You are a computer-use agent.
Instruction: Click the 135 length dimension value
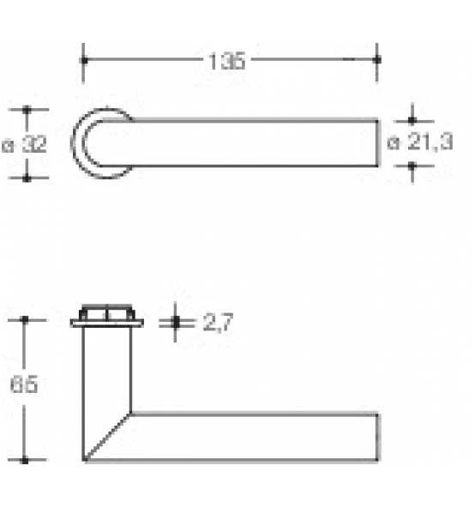pyautogui.click(x=226, y=61)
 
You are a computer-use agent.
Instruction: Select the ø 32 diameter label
pyautogui.click(x=24, y=144)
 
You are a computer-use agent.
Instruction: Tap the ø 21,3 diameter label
pyautogui.click(x=419, y=142)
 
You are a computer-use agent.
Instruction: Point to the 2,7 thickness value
pyautogui.click(x=218, y=323)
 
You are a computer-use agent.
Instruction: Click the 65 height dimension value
pyautogui.click(x=24, y=384)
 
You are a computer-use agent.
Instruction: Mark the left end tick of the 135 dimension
pyautogui.click(x=84, y=60)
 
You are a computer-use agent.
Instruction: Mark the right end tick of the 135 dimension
pyautogui.click(x=377, y=59)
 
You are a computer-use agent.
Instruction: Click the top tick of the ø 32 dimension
pyautogui.click(x=27, y=110)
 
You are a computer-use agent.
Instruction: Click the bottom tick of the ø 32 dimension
pyautogui.click(x=27, y=178)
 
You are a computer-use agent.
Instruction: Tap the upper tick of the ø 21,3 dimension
pyautogui.click(x=412, y=121)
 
